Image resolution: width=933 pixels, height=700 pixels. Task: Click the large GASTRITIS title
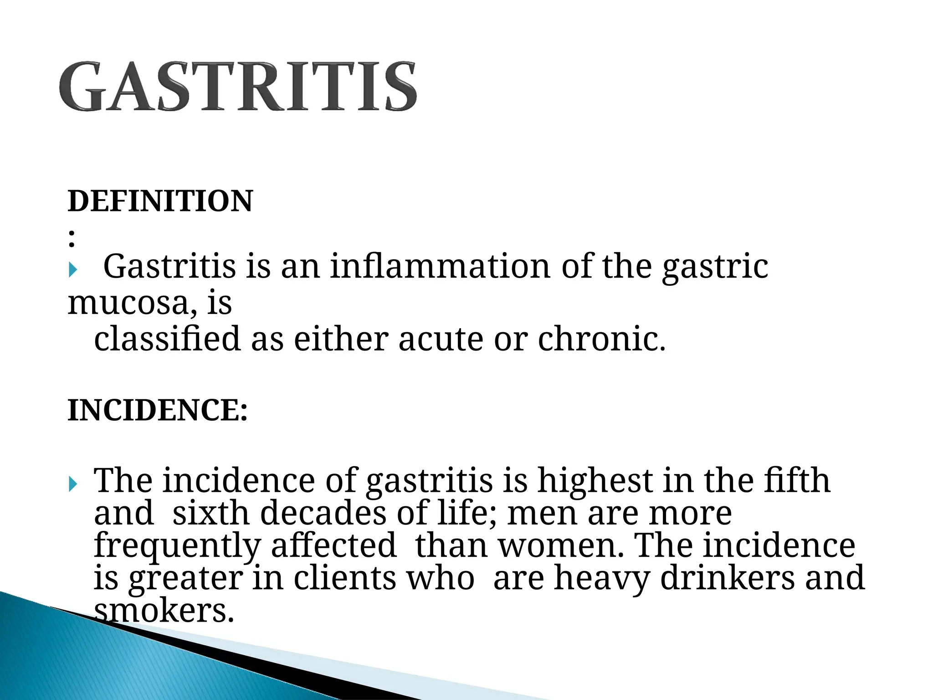[x=238, y=87]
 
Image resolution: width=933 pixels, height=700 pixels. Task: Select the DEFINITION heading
[x=160, y=201]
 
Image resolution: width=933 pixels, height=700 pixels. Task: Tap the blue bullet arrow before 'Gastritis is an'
[x=73, y=270]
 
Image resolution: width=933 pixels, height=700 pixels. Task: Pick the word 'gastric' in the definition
[x=715, y=267]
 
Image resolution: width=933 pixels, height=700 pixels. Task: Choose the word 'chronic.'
[x=601, y=339]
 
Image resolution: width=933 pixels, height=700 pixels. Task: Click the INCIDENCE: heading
[x=158, y=410]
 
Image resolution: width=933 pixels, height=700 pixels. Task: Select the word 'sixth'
[x=211, y=513]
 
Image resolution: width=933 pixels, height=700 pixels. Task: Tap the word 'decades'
[x=323, y=513]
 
